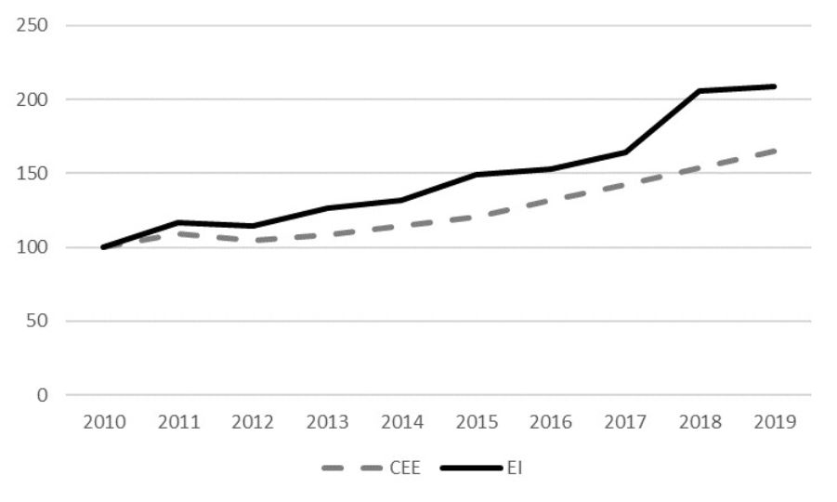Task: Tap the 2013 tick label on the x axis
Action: (327, 423)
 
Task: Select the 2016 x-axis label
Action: (551, 423)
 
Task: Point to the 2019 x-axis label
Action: (775, 423)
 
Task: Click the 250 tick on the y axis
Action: (33, 25)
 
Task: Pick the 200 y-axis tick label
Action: (33, 99)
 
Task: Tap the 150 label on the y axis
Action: (33, 173)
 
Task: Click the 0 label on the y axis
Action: (43, 396)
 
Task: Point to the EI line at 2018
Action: (700, 91)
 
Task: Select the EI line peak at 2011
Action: (177, 223)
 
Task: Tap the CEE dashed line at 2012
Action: (253, 241)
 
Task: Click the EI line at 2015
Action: (476, 175)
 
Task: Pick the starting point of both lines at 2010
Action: (103, 247)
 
